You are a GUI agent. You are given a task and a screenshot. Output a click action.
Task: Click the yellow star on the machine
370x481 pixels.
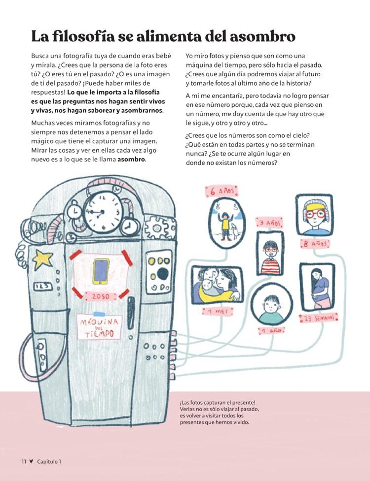click(43, 257)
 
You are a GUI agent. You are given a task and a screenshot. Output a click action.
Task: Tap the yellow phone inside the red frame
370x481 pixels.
click(101, 271)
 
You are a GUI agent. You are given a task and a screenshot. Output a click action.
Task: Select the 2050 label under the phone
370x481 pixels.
click(101, 296)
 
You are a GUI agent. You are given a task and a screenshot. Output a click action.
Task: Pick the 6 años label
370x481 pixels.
click(222, 192)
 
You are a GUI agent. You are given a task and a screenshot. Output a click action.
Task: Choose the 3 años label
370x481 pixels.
click(270, 223)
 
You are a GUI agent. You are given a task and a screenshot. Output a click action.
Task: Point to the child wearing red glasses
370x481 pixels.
click(314, 215)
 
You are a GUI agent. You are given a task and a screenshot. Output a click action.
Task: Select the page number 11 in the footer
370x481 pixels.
click(24, 461)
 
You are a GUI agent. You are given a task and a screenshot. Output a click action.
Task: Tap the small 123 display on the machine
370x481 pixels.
click(42, 287)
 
